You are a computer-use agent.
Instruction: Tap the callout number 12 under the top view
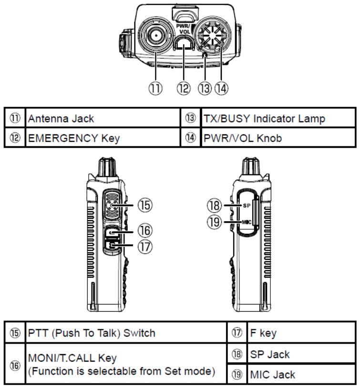point(184,88)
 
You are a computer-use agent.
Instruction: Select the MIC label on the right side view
point(245,222)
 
